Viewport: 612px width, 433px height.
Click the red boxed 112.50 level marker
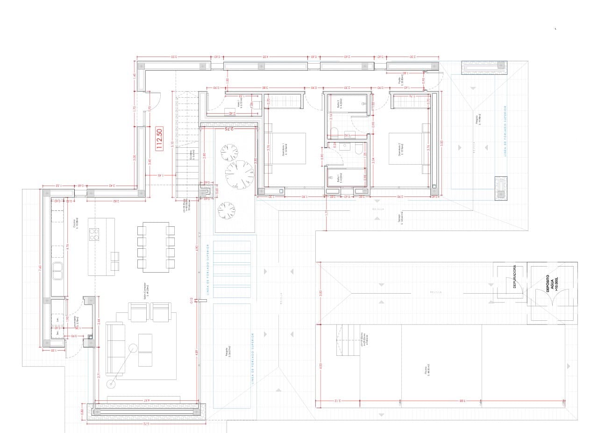[x=159, y=140]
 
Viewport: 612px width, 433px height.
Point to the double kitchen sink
[x=58, y=271]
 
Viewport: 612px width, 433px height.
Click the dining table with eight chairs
[x=156, y=247]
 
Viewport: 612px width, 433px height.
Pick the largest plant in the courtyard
[x=239, y=173]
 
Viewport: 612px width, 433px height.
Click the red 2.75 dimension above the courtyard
[x=228, y=129]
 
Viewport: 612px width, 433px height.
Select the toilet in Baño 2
[x=358, y=148]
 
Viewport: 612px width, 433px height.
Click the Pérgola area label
[x=227, y=352]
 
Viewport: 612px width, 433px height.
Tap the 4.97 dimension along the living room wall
[x=146, y=400]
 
